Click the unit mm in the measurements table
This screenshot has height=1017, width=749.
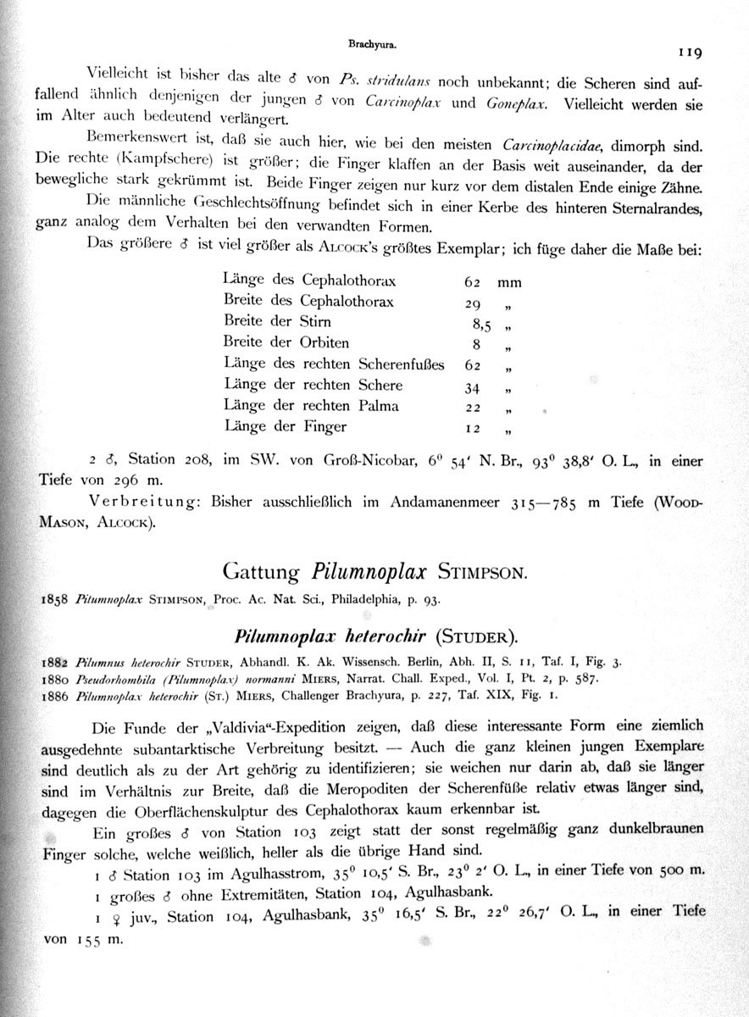point(509,283)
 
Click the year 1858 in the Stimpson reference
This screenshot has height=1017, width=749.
point(55,599)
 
